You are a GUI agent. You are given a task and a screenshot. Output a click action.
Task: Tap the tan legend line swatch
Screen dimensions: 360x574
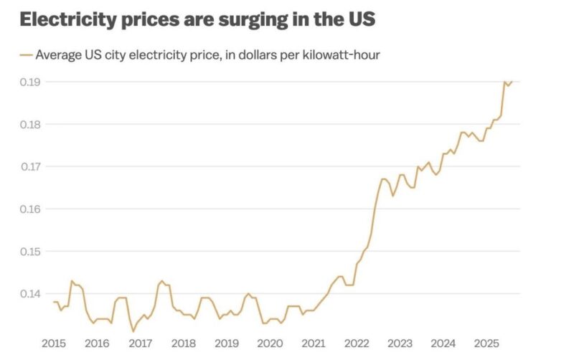(x=26, y=55)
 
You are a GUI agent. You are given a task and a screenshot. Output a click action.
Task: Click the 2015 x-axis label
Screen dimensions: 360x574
(x=55, y=343)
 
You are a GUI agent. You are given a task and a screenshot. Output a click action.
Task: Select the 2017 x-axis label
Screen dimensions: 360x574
(x=141, y=343)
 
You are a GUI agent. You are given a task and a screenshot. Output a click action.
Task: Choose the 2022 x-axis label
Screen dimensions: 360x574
(x=357, y=343)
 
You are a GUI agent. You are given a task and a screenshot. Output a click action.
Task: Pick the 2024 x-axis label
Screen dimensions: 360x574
(x=443, y=343)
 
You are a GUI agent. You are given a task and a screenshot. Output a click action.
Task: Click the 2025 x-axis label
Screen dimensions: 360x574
(x=486, y=343)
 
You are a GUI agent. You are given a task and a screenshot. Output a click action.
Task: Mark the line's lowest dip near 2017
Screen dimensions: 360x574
(x=133, y=331)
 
